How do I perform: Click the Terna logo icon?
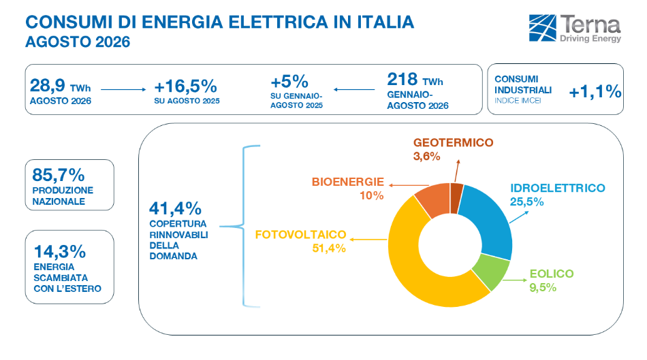point(542,28)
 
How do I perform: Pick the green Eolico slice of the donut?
point(492,272)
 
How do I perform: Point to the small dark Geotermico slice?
point(456,198)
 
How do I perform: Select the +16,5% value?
point(186,86)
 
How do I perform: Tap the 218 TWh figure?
point(415,79)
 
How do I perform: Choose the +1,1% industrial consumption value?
point(595,91)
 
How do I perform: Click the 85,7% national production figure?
point(58,175)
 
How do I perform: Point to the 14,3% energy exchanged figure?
point(59,251)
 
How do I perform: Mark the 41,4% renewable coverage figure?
point(175,208)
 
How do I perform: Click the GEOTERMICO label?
point(453,143)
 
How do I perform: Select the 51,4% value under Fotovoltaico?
point(329,248)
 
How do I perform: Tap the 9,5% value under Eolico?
point(543,287)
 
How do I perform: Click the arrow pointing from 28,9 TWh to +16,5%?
point(123,89)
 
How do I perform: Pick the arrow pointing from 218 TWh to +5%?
point(354,89)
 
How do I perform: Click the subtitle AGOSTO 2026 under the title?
point(78,42)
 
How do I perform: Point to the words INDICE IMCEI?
point(518,101)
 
